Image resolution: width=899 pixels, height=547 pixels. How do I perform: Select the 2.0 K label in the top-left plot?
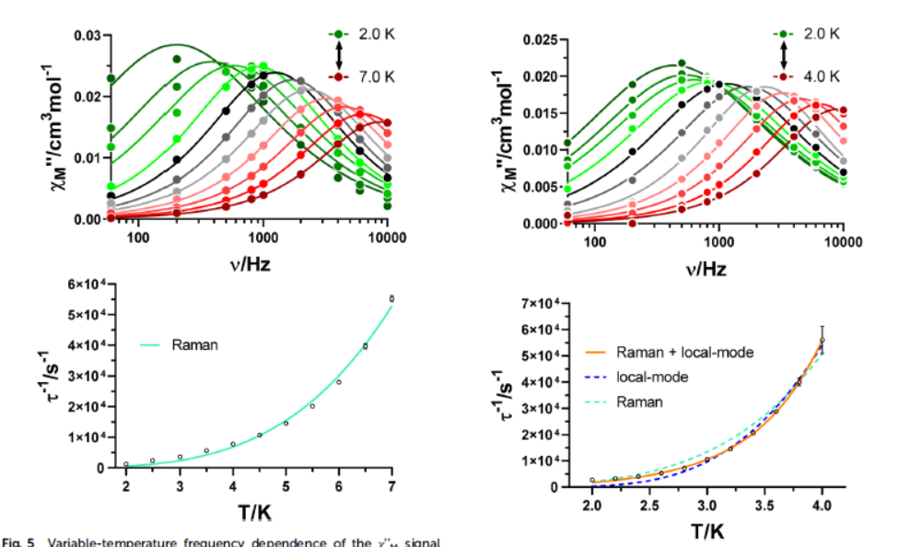(x=378, y=32)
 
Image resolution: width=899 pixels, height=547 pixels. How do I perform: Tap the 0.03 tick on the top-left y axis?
(x=88, y=35)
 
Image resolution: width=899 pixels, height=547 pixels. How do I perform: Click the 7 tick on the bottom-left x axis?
(x=392, y=485)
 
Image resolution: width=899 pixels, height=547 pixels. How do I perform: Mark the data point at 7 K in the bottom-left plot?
(x=391, y=298)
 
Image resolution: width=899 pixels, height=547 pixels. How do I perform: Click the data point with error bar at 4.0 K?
(x=822, y=340)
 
